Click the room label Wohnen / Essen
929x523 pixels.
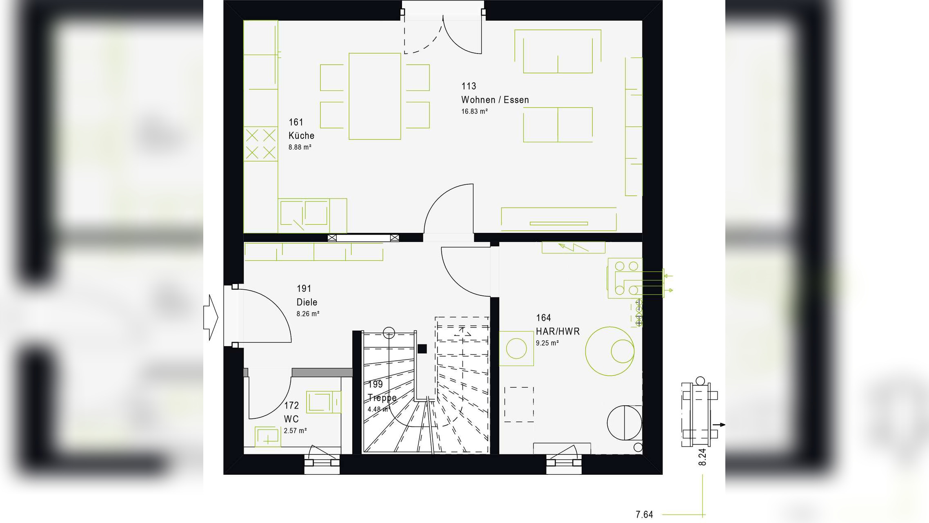click(495, 100)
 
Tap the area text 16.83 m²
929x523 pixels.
click(474, 111)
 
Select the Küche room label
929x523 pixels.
click(301, 136)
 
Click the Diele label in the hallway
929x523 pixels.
click(307, 302)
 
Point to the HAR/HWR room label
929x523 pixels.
click(558, 331)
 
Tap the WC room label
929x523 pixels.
click(291, 419)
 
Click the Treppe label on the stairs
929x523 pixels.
click(382, 398)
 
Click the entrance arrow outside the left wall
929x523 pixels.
click(211, 317)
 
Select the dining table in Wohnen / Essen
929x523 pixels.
click(375, 96)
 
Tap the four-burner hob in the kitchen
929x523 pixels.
click(260, 144)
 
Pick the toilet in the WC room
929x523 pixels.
click(323, 402)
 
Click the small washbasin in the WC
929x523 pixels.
click(267, 436)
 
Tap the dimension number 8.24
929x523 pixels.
click(702, 457)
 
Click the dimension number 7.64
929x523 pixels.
click(644, 515)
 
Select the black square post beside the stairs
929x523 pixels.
click(422, 349)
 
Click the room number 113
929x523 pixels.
click(469, 86)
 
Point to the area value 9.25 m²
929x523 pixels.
click(547, 343)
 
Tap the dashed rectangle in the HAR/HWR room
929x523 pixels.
click(519, 404)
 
